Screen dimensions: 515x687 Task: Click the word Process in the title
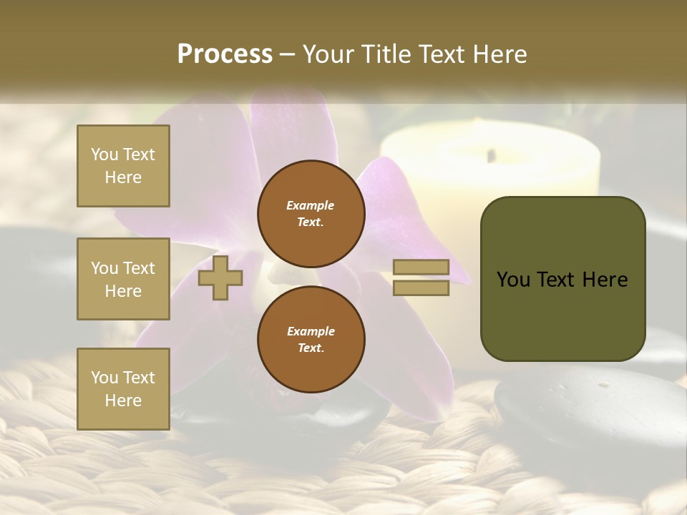(x=225, y=54)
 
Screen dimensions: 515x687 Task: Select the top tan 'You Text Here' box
(x=123, y=166)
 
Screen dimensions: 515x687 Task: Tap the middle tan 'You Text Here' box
(x=123, y=279)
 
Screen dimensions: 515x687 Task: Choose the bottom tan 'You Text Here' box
(x=123, y=389)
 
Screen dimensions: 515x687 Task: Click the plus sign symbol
(x=220, y=278)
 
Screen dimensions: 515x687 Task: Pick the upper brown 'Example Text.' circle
(x=311, y=213)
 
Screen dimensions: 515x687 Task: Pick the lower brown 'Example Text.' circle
(x=311, y=339)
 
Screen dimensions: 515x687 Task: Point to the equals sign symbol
(x=421, y=278)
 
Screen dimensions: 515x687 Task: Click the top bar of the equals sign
(x=421, y=268)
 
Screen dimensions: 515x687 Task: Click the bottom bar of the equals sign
(x=421, y=288)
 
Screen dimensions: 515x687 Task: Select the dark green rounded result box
(x=562, y=278)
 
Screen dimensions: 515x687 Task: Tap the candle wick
(x=491, y=154)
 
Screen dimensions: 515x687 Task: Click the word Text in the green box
(x=562, y=280)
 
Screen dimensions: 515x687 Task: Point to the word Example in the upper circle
(x=311, y=205)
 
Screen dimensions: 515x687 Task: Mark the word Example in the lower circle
(x=311, y=331)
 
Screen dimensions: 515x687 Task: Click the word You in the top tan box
(x=104, y=154)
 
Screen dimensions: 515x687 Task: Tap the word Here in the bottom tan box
(x=123, y=401)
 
